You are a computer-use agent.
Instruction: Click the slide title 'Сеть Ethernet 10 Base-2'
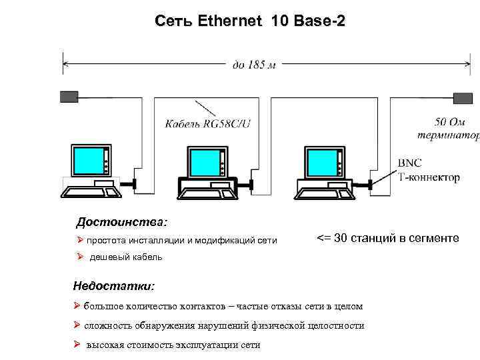point(249,21)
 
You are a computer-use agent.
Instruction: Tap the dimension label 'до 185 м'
point(253,65)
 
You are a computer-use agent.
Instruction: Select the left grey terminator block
point(69,97)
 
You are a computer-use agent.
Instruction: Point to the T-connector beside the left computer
point(135,183)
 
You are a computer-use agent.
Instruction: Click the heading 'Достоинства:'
point(122,221)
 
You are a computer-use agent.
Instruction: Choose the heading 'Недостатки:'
point(114,286)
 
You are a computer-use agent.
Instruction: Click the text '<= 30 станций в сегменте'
point(387,238)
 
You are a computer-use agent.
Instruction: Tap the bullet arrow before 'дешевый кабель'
point(79,257)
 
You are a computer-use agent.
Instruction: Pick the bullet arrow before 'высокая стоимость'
point(77,345)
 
